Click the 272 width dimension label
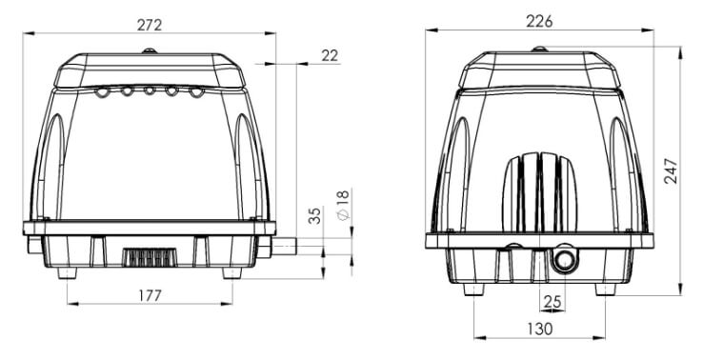[x=150, y=25]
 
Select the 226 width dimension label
[x=539, y=21]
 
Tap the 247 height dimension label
[x=672, y=171]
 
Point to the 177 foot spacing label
[x=150, y=295]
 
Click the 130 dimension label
[x=539, y=330]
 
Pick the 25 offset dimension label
[x=552, y=302]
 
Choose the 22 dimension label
[x=330, y=56]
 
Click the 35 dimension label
[x=314, y=216]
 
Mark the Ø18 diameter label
[x=344, y=205]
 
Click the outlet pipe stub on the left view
[x=284, y=246]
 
